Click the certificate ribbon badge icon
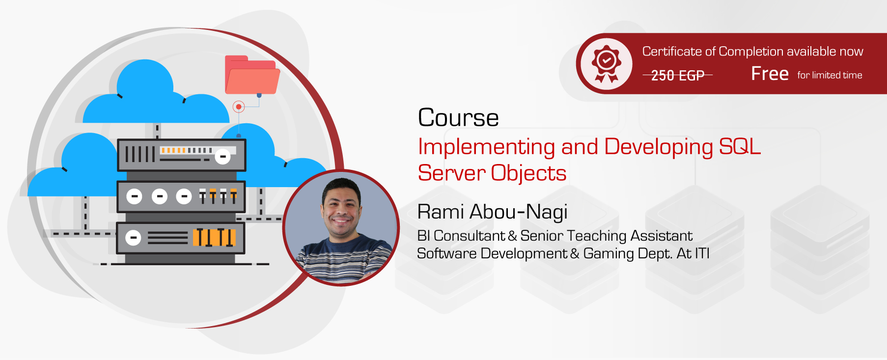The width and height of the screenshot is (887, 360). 606,64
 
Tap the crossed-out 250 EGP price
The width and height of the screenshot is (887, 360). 677,75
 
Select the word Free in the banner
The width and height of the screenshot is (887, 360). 770,74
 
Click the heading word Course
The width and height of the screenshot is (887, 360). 458,118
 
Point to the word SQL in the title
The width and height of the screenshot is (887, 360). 740,147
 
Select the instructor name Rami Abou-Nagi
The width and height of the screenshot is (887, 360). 492,212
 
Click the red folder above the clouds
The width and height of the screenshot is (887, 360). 252,75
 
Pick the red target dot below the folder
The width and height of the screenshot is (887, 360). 239,107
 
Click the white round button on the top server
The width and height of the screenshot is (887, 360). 222,156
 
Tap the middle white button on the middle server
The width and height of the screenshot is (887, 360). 159,196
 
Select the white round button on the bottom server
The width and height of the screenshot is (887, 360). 133,238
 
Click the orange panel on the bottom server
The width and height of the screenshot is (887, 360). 214,238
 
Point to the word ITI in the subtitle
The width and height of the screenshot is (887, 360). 702,253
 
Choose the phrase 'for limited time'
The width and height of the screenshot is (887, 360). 830,75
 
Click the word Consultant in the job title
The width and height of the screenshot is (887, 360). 469,236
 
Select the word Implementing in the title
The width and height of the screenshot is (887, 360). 486,147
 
